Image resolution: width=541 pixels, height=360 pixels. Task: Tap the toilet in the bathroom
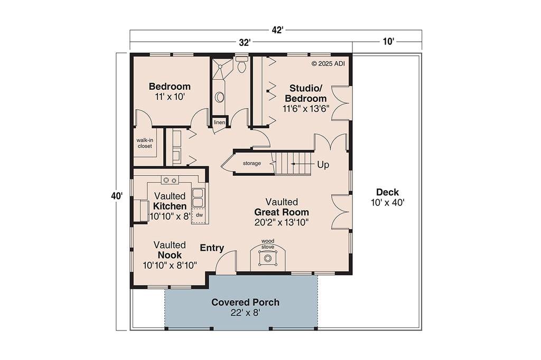click(x=242, y=66)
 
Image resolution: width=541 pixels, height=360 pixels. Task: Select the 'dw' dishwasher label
click(x=199, y=215)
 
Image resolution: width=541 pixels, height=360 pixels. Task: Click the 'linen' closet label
click(x=219, y=122)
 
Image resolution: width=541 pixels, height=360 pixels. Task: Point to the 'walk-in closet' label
click(x=144, y=143)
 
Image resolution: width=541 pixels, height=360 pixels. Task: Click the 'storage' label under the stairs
click(x=251, y=163)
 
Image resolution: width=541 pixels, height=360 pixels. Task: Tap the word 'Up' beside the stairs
click(x=323, y=165)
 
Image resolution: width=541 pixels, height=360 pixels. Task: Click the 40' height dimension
click(x=117, y=196)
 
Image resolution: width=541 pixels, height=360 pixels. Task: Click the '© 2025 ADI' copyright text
click(x=329, y=63)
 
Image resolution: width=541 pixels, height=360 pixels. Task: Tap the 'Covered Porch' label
click(x=245, y=302)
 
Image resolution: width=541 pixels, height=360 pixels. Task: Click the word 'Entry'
click(x=212, y=248)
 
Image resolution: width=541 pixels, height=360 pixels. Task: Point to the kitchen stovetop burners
click(x=170, y=180)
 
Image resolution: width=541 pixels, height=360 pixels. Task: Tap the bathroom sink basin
click(x=219, y=97)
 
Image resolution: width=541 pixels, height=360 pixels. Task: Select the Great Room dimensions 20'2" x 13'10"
click(x=282, y=222)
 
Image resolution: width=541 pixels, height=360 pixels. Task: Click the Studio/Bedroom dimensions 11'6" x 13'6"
click(x=306, y=109)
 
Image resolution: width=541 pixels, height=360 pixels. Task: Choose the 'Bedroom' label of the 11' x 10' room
click(x=169, y=87)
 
